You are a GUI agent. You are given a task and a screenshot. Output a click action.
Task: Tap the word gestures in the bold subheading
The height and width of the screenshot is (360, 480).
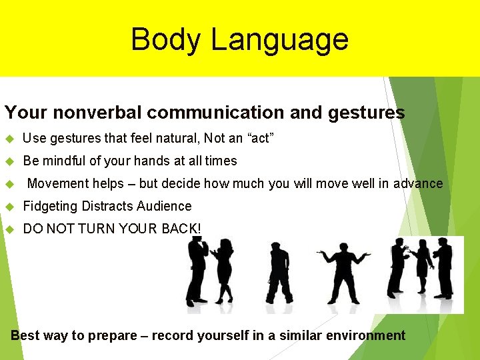point(366,113)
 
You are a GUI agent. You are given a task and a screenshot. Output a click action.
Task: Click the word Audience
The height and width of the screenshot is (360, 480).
point(167,207)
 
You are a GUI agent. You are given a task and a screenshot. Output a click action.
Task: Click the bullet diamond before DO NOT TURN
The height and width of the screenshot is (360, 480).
point(9,229)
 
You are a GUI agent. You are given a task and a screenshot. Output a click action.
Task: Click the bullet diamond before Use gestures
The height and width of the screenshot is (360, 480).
point(9,139)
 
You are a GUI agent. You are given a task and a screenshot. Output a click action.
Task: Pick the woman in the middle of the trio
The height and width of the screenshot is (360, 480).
point(422,270)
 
